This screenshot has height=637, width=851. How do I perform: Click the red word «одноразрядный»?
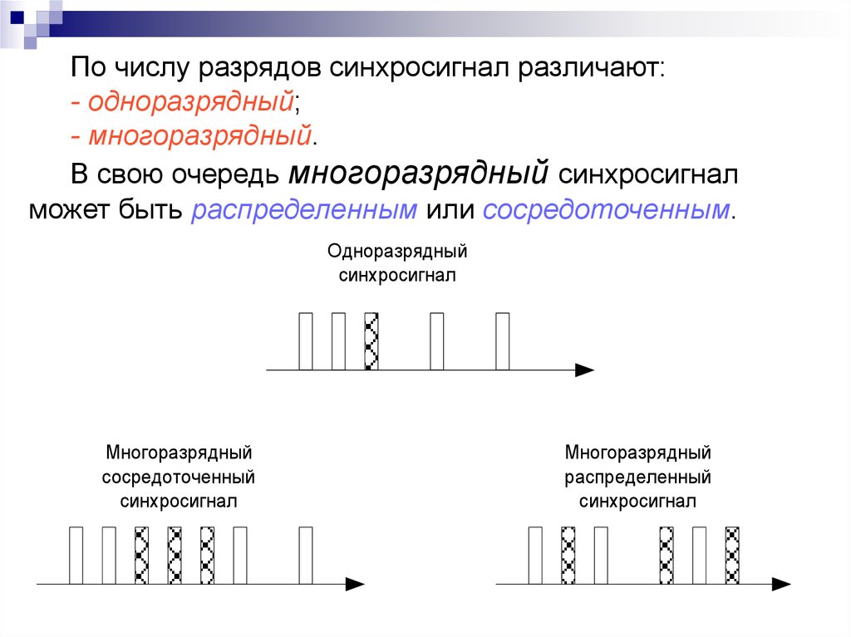pyautogui.click(x=191, y=101)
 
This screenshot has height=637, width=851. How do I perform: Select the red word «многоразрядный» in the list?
pyautogui.click(x=200, y=135)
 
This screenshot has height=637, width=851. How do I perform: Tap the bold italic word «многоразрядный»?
pyautogui.click(x=419, y=174)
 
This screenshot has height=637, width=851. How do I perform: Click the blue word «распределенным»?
pyautogui.click(x=304, y=209)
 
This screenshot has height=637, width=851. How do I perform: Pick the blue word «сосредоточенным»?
pyautogui.click(x=607, y=209)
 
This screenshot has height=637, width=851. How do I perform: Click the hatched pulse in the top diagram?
pyautogui.click(x=371, y=341)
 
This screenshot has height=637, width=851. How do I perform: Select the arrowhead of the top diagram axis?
pyautogui.click(x=584, y=370)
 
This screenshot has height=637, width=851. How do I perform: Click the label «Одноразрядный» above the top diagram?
pyautogui.click(x=397, y=251)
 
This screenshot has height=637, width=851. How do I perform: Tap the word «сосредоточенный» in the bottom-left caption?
pyautogui.click(x=179, y=477)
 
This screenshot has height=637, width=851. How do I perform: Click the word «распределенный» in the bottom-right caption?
pyautogui.click(x=637, y=477)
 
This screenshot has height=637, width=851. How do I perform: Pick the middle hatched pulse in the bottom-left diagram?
pyautogui.click(x=175, y=555)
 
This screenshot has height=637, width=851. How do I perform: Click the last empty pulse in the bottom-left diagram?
pyautogui.click(x=306, y=555)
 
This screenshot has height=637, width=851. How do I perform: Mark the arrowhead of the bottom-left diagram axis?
pyautogui.click(x=355, y=584)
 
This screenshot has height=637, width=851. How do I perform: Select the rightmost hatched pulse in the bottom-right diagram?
pyautogui.click(x=732, y=555)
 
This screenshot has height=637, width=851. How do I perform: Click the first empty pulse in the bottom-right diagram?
pyautogui.click(x=535, y=555)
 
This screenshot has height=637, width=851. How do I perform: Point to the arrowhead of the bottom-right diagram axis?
pyautogui.click(x=781, y=584)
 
